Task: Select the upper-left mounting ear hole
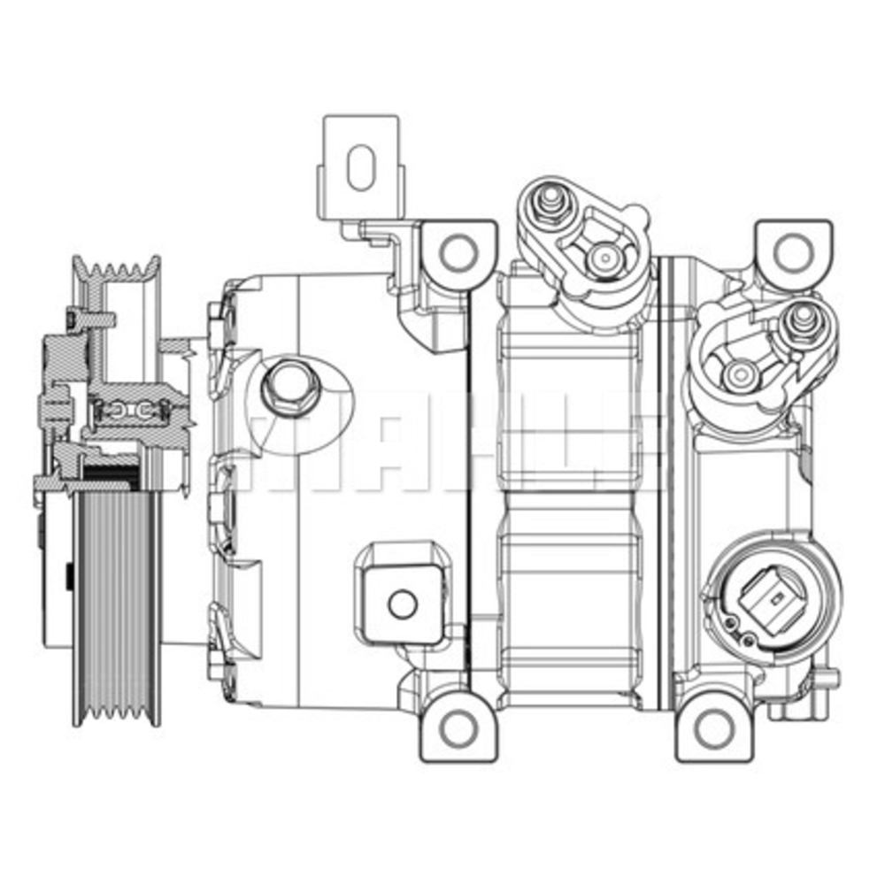(x=458, y=252)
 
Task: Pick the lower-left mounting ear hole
(x=458, y=727)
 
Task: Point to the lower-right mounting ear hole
(x=713, y=727)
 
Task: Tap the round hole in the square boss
(x=403, y=604)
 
